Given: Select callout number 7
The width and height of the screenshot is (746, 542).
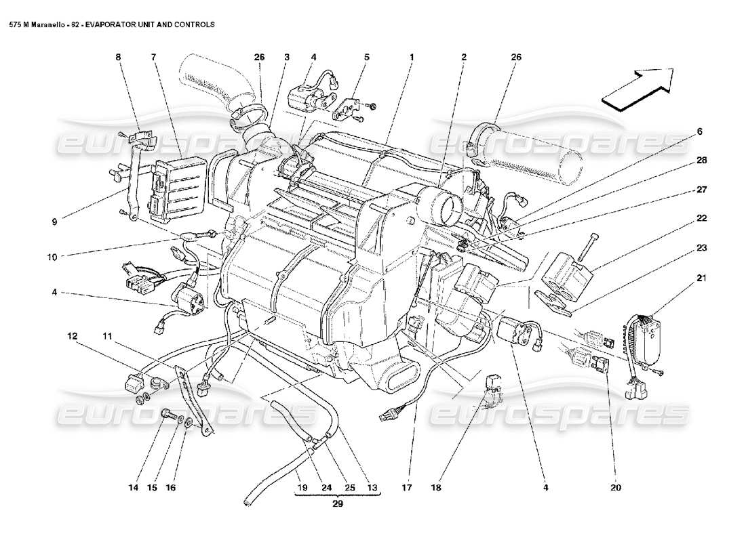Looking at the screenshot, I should click(x=154, y=58).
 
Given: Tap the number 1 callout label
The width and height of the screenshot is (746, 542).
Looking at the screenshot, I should click(x=411, y=58).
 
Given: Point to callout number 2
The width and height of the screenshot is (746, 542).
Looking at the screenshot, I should click(x=464, y=58).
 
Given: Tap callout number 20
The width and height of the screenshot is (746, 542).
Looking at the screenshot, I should click(x=615, y=486).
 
